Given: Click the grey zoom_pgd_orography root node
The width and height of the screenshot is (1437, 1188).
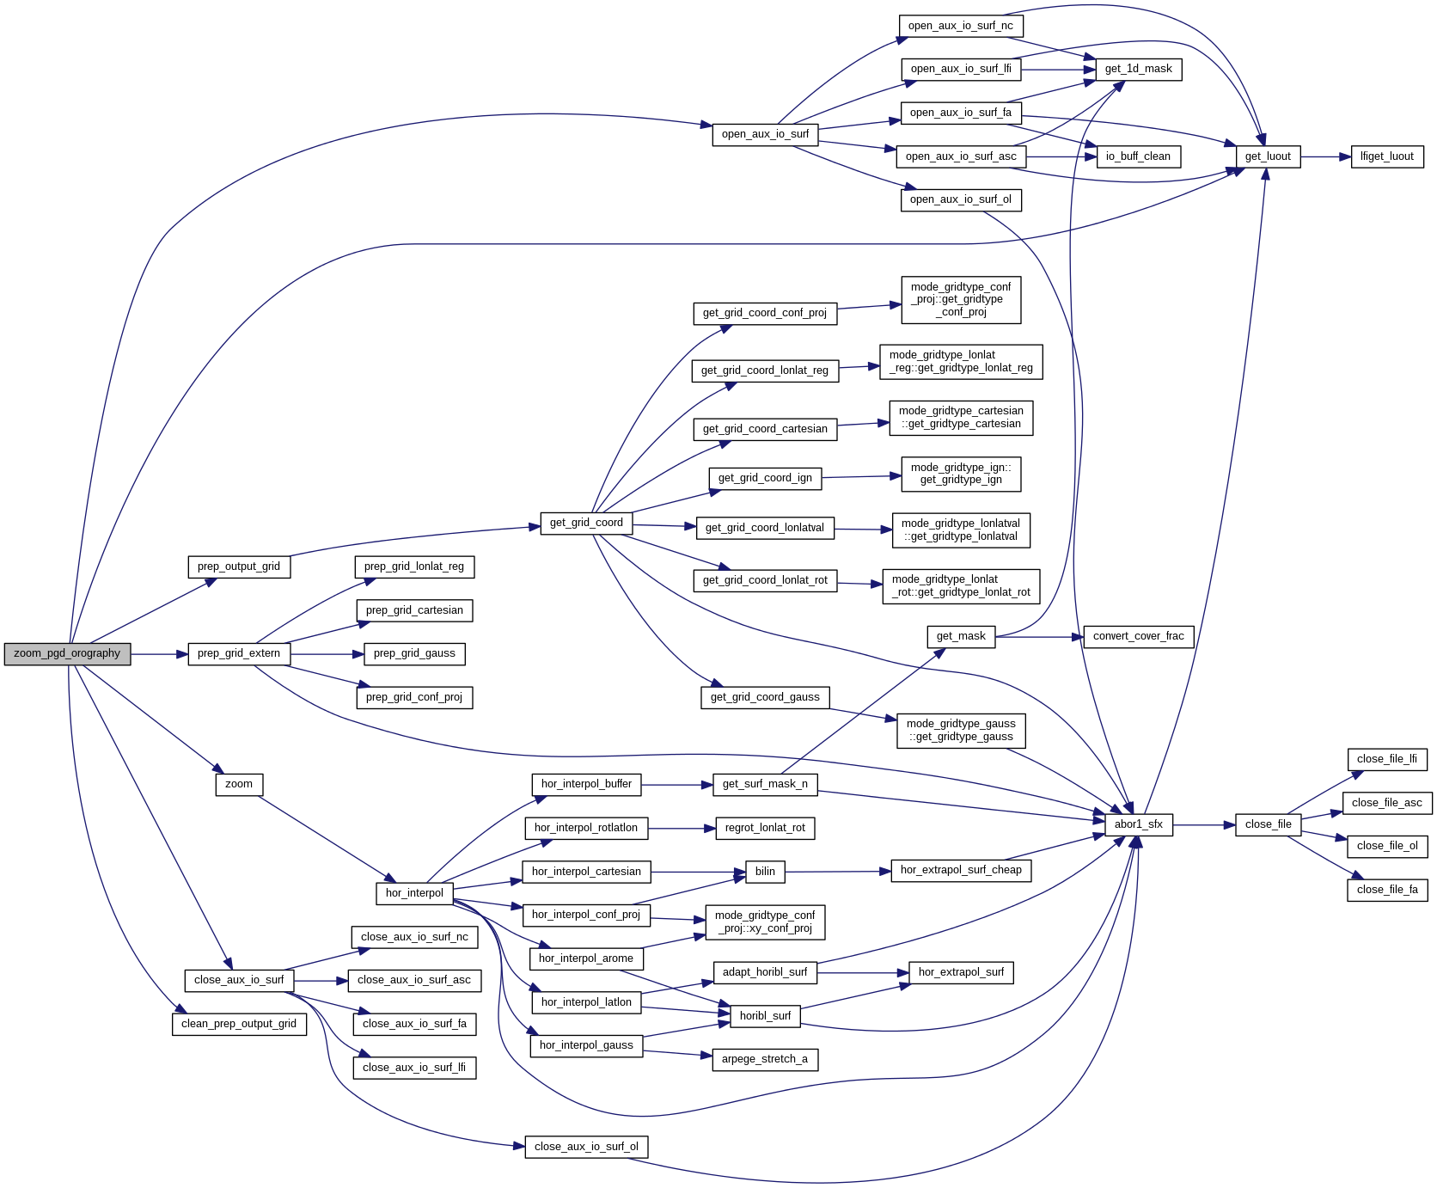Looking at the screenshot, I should (x=67, y=653).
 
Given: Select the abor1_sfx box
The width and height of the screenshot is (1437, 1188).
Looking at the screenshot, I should (x=1138, y=824).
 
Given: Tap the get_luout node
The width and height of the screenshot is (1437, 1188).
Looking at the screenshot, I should (x=1268, y=156).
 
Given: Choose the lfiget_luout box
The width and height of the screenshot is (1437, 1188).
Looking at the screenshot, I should (x=1387, y=156).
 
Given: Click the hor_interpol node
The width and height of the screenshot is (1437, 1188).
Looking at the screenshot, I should (x=414, y=893).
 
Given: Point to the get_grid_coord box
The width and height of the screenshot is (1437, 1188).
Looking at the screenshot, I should (x=586, y=523).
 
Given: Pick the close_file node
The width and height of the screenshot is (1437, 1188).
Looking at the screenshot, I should (x=1268, y=824).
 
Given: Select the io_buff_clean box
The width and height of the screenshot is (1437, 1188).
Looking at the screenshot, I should (x=1138, y=156).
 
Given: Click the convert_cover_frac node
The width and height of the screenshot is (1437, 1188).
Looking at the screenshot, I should (x=1138, y=636).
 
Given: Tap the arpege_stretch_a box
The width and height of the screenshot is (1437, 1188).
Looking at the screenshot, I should (x=764, y=1059).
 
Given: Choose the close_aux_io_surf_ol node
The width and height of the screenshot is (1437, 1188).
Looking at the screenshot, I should (x=586, y=1147).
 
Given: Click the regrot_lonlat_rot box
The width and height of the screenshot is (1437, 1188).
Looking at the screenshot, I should (x=764, y=828).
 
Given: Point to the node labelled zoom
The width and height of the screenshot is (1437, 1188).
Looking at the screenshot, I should (x=239, y=784).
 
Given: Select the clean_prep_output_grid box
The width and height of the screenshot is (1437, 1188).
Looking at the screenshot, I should (x=239, y=1024).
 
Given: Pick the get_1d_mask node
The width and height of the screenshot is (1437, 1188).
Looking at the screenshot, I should (x=1138, y=69).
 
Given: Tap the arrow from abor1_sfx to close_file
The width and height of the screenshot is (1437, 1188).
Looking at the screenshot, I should (x=1203, y=825).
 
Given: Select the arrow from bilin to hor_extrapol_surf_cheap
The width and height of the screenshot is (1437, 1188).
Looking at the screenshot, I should (x=838, y=872).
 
